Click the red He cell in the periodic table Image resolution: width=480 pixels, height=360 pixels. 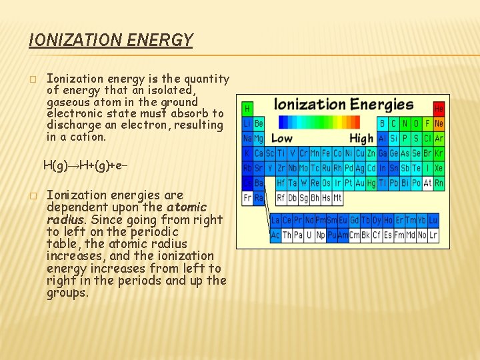(x=439, y=108)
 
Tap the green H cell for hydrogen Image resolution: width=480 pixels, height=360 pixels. (x=247, y=108)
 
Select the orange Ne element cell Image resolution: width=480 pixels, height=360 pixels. (x=439, y=123)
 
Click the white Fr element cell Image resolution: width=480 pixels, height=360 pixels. (x=247, y=197)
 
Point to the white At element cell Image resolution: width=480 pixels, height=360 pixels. (x=427, y=183)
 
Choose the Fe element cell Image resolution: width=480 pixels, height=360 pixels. (x=326, y=153)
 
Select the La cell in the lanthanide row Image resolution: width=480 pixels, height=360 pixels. (x=275, y=220)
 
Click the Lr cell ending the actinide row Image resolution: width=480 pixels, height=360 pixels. (x=433, y=235)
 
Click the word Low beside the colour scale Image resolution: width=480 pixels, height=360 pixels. (x=281, y=139)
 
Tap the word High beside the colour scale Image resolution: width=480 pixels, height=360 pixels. (x=361, y=139)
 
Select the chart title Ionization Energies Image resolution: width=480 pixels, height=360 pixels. (x=344, y=105)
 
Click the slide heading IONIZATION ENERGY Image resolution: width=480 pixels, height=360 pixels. (x=111, y=41)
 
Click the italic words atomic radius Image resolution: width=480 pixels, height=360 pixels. (x=127, y=213)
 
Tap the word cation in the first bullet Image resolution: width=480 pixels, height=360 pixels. (x=85, y=137)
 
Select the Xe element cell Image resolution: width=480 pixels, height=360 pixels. (x=439, y=168)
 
